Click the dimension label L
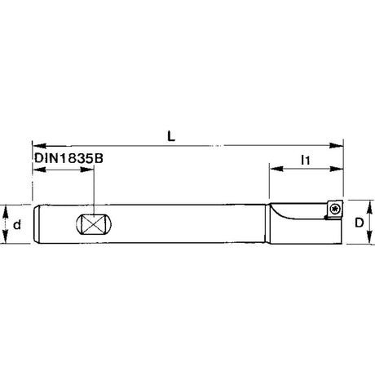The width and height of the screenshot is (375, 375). [x=171, y=136]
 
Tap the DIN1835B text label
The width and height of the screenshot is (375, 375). [x=68, y=158]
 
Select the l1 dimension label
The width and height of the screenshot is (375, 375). [x=306, y=160]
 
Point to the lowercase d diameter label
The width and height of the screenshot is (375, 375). [x=17, y=225]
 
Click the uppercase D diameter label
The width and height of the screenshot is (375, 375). [x=360, y=223]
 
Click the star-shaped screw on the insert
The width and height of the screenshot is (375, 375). [x=334, y=209]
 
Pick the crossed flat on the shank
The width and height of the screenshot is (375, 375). [x=94, y=224]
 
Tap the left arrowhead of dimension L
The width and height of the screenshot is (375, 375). [x=38, y=146]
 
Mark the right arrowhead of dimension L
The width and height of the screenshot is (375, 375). [x=337, y=146]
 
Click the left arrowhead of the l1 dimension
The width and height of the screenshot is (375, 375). [x=276, y=169]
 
